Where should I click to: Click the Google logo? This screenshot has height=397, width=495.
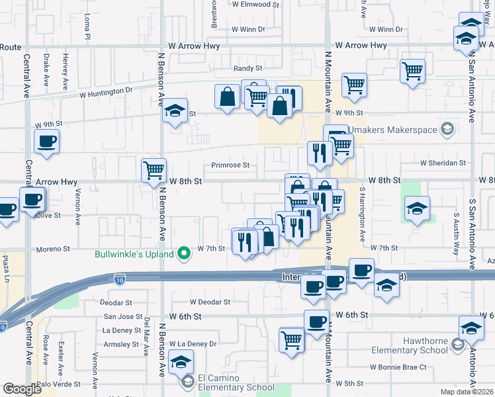tap(22, 389)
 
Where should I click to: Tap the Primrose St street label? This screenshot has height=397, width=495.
tap(230, 165)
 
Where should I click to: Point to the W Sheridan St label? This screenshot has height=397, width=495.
tap(443, 163)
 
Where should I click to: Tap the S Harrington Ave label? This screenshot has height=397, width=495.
tap(363, 213)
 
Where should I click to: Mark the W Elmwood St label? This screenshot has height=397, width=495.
tap(251, 4)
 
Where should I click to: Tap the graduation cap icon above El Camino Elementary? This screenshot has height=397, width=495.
tap(181, 362)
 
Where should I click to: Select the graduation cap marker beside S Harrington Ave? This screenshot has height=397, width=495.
tap(417, 208)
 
